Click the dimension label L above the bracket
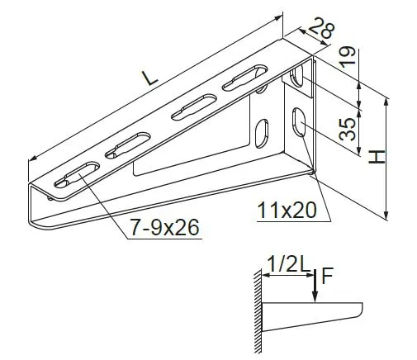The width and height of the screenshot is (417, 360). (x=149, y=78)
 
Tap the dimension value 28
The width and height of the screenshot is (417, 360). (x=321, y=27)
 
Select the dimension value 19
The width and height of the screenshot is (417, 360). (x=347, y=57)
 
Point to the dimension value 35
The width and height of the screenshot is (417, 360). (x=347, y=129)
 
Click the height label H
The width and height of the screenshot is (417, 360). (x=377, y=156)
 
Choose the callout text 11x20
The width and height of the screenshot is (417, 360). (x=287, y=211)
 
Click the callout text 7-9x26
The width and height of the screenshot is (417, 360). (x=164, y=228)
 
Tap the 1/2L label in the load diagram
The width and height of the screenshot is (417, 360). (x=287, y=265)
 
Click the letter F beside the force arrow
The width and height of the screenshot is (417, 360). (x=327, y=276)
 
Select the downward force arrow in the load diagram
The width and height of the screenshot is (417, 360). (x=315, y=287)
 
